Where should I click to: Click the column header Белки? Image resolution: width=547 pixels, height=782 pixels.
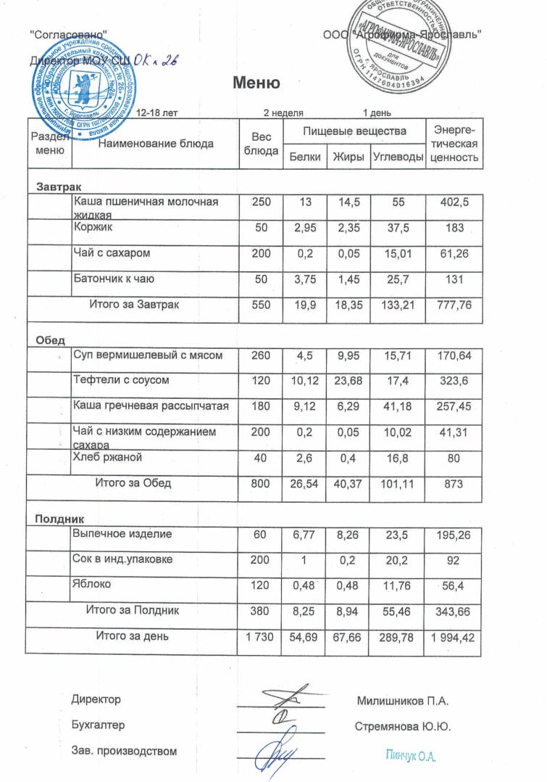click(304, 157)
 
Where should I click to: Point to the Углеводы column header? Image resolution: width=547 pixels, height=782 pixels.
click(398, 157)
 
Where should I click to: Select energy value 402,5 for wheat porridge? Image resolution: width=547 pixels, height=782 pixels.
click(454, 204)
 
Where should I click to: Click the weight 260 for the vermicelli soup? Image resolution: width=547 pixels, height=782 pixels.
click(260, 355)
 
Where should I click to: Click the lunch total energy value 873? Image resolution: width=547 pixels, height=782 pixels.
click(454, 483)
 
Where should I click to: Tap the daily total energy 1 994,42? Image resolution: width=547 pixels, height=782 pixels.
click(454, 638)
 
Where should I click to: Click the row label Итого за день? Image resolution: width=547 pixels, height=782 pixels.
click(133, 637)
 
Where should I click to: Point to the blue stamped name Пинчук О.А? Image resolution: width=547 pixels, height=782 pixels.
click(409, 757)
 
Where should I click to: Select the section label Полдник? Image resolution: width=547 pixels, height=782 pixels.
click(61, 519)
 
